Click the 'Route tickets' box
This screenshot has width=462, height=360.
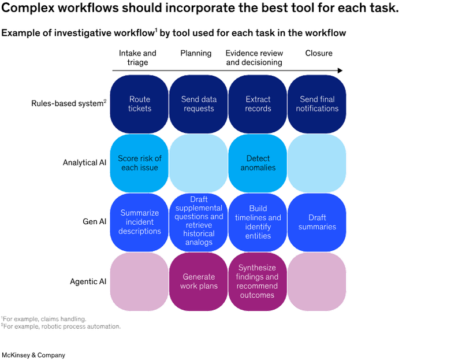[140, 104]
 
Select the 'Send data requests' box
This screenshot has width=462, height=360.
[199, 104]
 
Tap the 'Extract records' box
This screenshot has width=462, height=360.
[258, 104]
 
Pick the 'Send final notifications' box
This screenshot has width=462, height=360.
[318, 104]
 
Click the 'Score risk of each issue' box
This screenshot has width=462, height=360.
[140, 163]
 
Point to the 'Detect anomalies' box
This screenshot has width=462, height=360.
[258, 163]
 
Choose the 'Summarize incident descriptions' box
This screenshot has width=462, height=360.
[140, 222]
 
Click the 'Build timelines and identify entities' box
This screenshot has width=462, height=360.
[258, 222]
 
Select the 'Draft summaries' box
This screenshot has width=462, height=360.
[318, 222]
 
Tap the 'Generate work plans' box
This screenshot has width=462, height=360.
[199, 281]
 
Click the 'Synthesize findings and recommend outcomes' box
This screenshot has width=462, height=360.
[258, 281]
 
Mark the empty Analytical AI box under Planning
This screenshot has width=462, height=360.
[199, 163]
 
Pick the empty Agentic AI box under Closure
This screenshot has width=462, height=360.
[318, 281]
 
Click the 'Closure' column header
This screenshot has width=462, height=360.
[318, 53]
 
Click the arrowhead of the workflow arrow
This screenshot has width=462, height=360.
[341, 70]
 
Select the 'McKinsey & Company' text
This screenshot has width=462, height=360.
[33, 355]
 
